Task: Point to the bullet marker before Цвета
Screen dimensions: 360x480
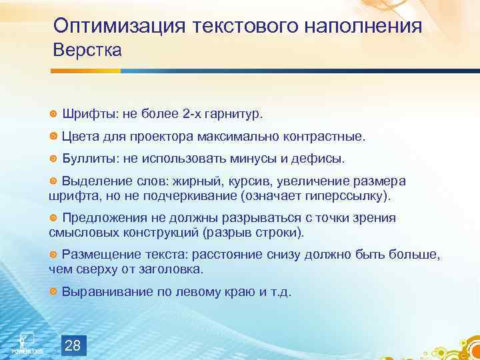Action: [53, 137]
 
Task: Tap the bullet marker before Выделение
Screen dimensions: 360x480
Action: [53, 182]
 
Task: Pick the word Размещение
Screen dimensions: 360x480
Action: [99, 255]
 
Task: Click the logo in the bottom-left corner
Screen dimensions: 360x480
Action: [26, 342]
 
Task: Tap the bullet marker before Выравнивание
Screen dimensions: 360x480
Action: [53, 292]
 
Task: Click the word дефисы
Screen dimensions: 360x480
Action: [322, 159]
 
